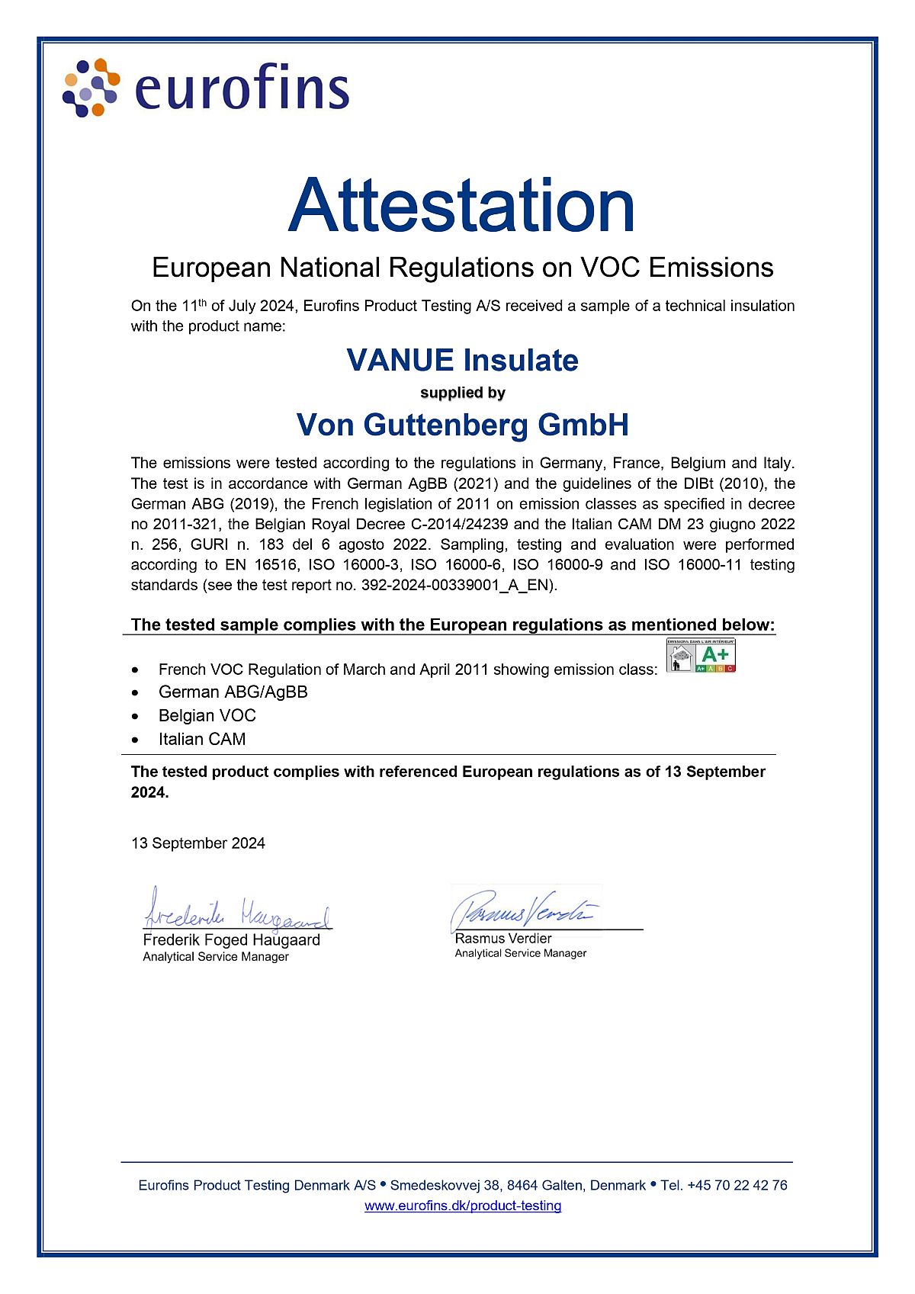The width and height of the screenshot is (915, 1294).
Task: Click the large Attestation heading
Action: tap(461, 206)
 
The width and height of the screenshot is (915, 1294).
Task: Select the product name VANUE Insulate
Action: tap(462, 360)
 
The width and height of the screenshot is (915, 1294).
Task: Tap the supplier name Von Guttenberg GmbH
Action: tap(462, 425)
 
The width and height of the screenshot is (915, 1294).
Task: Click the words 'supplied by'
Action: tap(463, 393)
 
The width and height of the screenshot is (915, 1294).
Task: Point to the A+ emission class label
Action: tap(701, 656)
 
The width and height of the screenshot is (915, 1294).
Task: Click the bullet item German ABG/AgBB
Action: tap(233, 692)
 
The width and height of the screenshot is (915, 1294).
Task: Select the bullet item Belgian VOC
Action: tap(207, 716)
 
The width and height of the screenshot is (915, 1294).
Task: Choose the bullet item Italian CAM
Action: tap(202, 740)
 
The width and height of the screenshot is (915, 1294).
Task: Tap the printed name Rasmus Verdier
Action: tap(502, 939)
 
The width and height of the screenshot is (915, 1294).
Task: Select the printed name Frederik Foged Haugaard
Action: tap(231, 940)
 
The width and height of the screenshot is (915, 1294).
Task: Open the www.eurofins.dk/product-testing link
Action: tap(463, 1206)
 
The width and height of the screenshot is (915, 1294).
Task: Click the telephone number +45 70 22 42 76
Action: tap(737, 1186)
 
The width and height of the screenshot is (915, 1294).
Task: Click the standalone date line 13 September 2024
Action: tap(198, 843)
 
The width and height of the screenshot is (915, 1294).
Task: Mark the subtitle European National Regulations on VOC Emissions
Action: tap(462, 268)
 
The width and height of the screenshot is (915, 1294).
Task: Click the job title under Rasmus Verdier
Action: tap(520, 953)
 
